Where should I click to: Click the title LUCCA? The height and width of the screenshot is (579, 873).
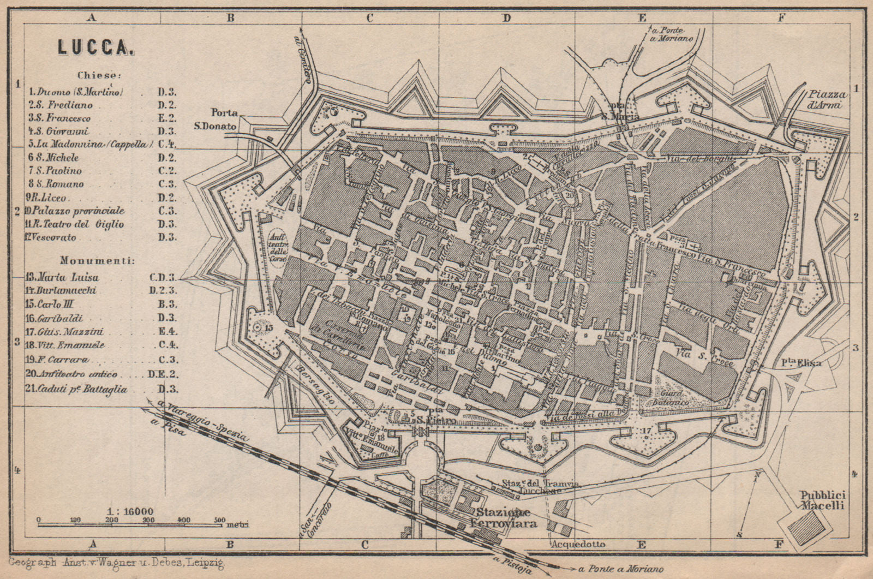pos(95,48)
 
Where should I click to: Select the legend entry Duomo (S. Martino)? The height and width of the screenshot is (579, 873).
pos(76,92)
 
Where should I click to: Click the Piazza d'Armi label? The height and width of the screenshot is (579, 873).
pos(826,100)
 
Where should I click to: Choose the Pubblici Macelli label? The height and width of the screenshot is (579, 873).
pos(822,500)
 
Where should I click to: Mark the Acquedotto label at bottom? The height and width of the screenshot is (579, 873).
pos(578,544)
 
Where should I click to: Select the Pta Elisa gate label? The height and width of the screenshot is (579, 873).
pos(810,363)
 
